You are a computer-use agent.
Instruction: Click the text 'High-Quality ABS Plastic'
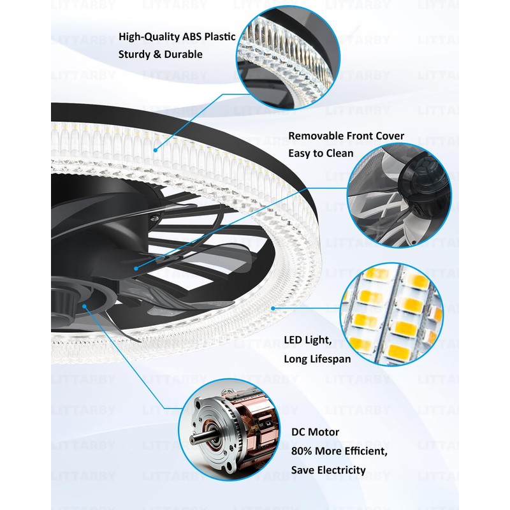tap(177, 37)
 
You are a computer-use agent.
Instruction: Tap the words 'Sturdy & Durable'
tap(160, 54)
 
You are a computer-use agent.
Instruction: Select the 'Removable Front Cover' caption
tap(346, 136)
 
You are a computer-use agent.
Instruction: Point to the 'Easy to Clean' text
tap(320, 153)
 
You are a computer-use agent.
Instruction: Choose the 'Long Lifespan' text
tap(317, 359)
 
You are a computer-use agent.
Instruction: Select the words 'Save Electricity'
tap(328, 470)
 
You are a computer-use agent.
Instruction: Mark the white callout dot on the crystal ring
tap(156, 150)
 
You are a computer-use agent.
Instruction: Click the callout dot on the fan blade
tap(136, 270)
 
